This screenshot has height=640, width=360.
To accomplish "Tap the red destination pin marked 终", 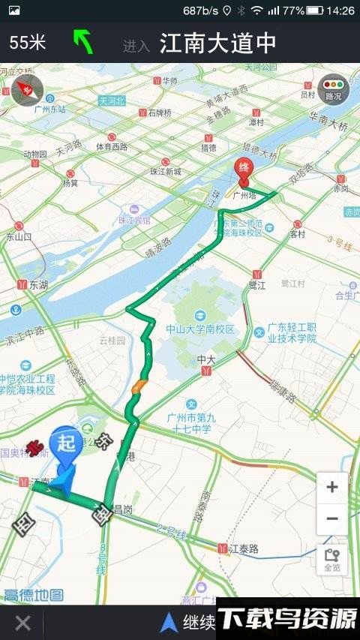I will point(243,170).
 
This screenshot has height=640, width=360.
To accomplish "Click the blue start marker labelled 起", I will point(66,444).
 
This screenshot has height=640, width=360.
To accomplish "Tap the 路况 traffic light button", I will point(333,89).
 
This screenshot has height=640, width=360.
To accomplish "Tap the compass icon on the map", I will point(27,90).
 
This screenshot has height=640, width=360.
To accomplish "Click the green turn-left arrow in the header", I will point(82,42).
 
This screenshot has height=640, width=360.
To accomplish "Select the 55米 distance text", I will point(28,43).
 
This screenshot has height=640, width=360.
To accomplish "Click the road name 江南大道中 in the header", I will point(217,44).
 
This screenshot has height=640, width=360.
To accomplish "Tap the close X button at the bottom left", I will point(23,622).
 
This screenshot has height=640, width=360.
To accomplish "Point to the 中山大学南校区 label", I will point(200,329).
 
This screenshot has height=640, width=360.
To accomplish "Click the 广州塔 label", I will point(244,195).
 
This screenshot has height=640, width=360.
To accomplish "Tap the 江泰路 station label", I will point(242,549).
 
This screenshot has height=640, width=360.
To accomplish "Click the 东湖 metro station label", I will point(37,285).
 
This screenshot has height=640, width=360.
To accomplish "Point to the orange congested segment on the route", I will point(139,387).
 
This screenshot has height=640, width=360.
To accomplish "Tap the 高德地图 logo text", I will point(34,596).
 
